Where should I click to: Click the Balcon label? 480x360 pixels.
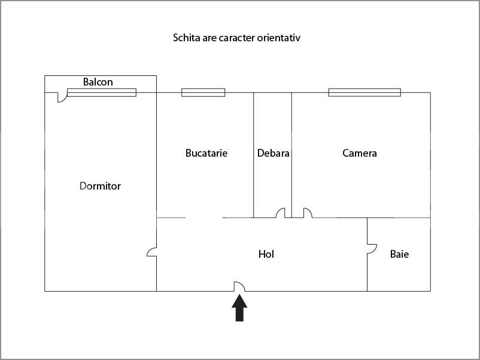pyautogui.click(x=98, y=82)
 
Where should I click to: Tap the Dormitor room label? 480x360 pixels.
pyautogui.click(x=100, y=186)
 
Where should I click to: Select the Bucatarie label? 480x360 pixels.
pyautogui.click(x=206, y=153)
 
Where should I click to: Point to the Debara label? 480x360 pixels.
pyautogui.click(x=273, y=153)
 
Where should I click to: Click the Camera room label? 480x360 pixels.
pyautogui.click(x=360, y=153)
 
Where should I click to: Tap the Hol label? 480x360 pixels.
pyautogui.click(x=266, y=254)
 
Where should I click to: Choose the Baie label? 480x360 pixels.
pyautogui.click(x=399, y=254)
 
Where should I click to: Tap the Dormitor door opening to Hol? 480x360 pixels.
pyautogui.click(x=152, y=252)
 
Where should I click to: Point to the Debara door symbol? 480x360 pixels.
pyautogui.click(x=280, y=213)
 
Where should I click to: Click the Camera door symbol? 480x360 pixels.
pyautogui.click(x=307, y=213)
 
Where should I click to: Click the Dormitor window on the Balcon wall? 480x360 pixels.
pyautogui.click(x=101, y=92)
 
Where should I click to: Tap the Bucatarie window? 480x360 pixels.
pyautogui.click(x=203, y=92)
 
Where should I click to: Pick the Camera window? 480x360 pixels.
pyautogui.click(x=364, y=92)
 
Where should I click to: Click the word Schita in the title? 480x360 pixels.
pyautogui.click(x=186, y=38)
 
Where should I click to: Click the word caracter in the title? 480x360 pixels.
pyautogui.click(x=240, y=38)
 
